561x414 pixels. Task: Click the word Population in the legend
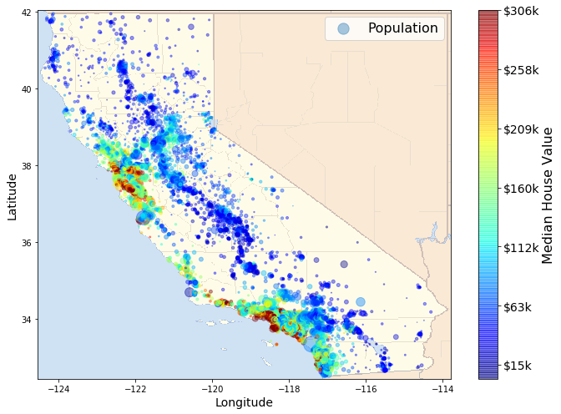click(402, 28)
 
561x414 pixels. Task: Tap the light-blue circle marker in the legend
click(343, 28)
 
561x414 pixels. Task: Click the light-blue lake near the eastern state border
click(433, 235)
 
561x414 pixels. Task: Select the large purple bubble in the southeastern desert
click(344, 264)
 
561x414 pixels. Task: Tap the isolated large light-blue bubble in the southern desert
click(361, 301)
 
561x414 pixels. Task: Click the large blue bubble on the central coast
click(144, 216)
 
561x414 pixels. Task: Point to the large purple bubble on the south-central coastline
click(190, 292)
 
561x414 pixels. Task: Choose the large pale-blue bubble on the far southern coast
click(311, 343)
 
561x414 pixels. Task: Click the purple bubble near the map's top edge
click(191, 27)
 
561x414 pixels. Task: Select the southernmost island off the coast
click(265, 361)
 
